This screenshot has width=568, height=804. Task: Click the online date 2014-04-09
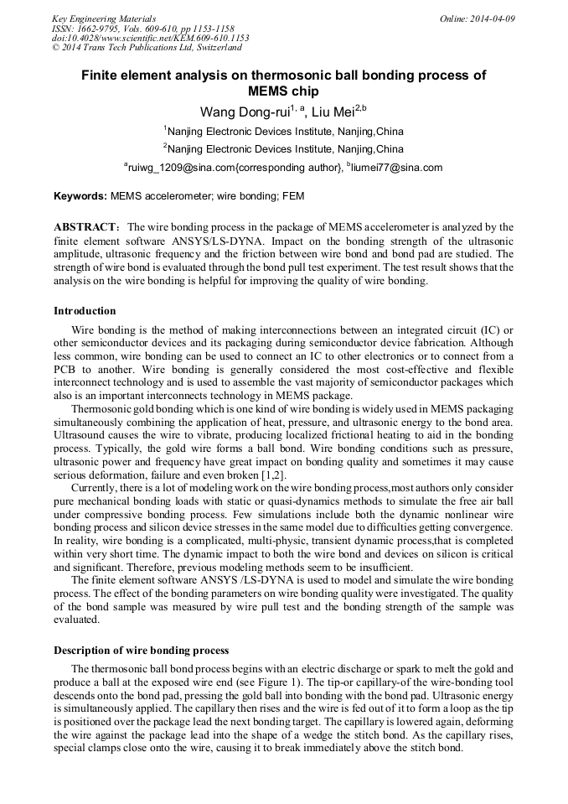coord(492,18)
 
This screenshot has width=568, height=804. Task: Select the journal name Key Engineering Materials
coord(104,18)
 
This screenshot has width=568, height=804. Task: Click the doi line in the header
coord(150,38)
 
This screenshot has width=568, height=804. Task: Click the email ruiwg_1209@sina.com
coord(181,168)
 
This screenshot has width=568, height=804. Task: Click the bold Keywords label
coord(80,197)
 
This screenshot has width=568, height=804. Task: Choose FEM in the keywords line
coord(292,197)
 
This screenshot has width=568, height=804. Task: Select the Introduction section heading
coord(85,311)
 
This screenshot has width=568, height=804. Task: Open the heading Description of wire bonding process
coord(141,650)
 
